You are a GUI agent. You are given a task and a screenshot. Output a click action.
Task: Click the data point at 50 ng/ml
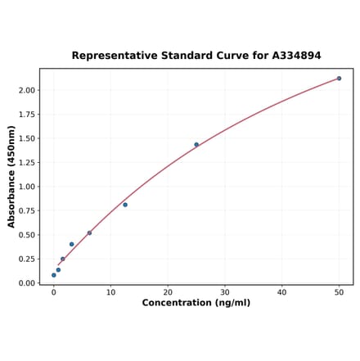[x=339, y=79]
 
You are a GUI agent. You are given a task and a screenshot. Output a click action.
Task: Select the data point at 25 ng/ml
[x=196, y=145]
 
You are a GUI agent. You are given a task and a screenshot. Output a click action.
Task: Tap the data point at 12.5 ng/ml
[x=125, y=205]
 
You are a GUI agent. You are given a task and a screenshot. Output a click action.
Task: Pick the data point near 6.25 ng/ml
[x=89, y=232]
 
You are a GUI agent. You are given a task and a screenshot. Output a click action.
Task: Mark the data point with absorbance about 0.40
[x=72, y=244]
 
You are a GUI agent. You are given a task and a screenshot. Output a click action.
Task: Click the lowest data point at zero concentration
[x=54, y=275]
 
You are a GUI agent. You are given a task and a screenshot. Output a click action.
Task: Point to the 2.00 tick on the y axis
[x=27, y=90]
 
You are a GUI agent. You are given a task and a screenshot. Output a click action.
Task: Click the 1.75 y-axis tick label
[x=27, y=115]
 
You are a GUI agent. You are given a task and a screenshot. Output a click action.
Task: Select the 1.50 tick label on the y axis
[x=27, y=138]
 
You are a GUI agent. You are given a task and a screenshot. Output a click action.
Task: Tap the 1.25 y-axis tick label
[x=27, y=163]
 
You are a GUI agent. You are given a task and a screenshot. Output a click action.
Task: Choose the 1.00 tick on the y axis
[x=27, y=187]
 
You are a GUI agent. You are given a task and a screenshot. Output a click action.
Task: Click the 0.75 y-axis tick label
[x=27, y=211]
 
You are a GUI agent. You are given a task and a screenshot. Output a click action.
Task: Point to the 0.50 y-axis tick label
[x=27, y=235]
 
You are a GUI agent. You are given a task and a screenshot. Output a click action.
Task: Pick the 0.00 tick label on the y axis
[x=27, y=283]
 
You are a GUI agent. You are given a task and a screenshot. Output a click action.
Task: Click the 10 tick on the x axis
[x=110, y=292]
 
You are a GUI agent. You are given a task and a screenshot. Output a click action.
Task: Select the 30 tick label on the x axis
[x=225, y=292]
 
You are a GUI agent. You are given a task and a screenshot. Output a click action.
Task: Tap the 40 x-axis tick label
[x=282, y=292]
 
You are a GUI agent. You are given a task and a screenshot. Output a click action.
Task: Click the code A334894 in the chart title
[x=290, y=56]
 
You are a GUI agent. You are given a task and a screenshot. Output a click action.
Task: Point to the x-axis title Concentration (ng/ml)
[x=196, y=303]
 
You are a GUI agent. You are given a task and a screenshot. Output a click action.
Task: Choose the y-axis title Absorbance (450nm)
[x=11, y=176]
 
